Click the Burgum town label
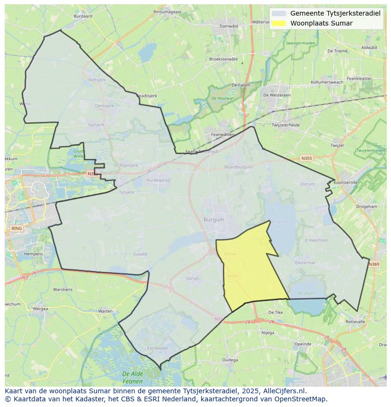coord(214,220)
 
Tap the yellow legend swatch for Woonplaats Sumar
coord(279,23)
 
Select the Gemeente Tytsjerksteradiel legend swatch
coord(279,13)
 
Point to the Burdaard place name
coord(83,16)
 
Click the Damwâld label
coord(229,26)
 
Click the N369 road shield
coord(374,264)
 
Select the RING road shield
coord(16,229)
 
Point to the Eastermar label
coord(305,263)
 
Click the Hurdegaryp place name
coord(158,180)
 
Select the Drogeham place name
coord(366,207)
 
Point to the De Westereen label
coord(277,95)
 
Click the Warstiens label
coord(63,289)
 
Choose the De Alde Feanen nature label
coord(133,377)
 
